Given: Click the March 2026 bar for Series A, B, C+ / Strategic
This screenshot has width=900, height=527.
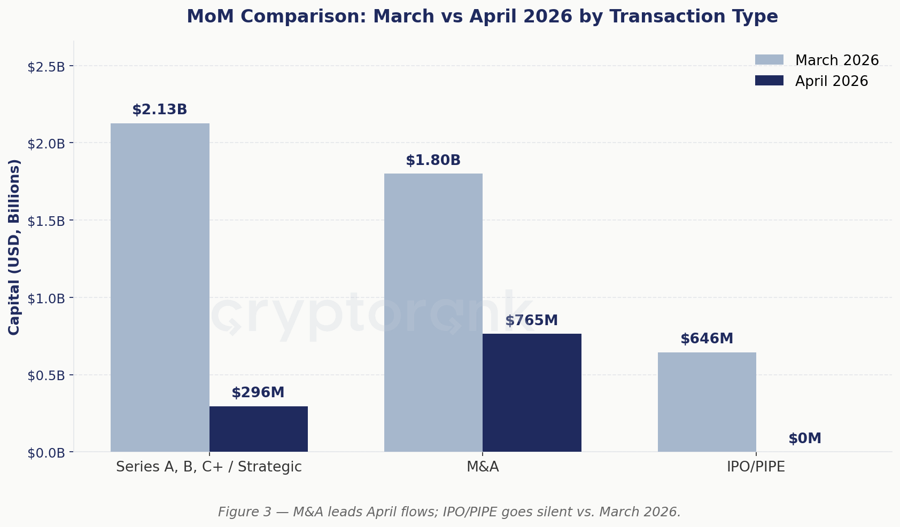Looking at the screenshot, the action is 160,287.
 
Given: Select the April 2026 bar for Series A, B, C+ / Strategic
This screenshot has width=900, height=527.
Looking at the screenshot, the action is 258,429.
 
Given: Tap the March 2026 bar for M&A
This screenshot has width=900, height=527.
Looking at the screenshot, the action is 433,313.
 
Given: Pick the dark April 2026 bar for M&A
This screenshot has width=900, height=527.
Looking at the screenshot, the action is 532,392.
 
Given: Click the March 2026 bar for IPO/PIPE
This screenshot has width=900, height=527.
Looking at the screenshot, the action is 707,402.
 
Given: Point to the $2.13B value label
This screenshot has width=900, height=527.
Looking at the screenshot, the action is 159,109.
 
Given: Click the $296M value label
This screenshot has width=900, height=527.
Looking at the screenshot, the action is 258,392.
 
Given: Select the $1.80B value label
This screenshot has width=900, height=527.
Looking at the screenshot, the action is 433,160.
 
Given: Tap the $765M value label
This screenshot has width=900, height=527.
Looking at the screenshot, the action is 532,320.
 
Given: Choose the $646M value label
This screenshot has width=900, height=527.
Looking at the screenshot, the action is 707,339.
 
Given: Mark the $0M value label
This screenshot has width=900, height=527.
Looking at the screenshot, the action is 805,439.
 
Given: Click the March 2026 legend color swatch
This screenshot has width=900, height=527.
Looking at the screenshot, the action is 769,60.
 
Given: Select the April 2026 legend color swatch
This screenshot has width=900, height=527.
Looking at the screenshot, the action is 769,80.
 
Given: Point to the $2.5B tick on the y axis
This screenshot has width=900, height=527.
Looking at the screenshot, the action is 46,67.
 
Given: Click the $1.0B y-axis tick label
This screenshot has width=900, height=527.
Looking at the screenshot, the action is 46,299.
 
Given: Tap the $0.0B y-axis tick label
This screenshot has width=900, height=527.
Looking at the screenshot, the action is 46,453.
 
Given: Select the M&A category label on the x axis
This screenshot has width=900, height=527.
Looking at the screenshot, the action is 483,467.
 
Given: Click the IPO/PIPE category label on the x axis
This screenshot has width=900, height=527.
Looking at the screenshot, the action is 756,467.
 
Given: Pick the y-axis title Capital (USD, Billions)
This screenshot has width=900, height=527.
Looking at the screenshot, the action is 14,247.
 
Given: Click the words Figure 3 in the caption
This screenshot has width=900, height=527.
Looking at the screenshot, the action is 245,512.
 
